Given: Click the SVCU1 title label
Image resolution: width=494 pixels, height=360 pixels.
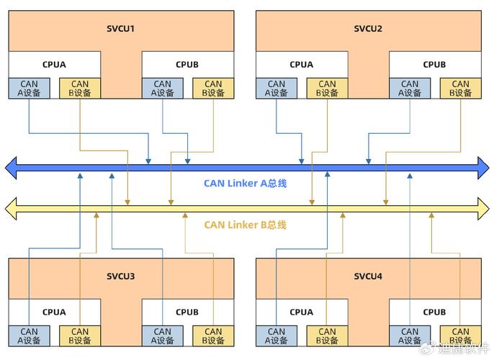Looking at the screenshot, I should (121, 29).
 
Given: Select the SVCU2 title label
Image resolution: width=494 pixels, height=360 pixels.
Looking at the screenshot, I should (368, 29).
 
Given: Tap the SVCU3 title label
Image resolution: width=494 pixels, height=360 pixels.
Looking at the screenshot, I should (121, 276).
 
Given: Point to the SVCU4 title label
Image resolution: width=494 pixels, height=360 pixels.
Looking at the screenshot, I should (368, 276).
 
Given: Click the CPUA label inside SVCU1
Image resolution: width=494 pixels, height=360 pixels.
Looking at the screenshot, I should (54, 64).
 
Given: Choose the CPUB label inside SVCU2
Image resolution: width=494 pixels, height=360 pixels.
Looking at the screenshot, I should (434, 64).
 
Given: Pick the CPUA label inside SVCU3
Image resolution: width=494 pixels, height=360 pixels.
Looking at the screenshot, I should (54, 312).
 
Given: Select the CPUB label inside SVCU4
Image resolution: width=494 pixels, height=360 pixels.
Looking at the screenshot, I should (434, 312).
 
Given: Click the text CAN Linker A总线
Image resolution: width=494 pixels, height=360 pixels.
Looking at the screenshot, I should (246, 183).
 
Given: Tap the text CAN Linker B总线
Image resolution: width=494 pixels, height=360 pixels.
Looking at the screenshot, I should (246, 225).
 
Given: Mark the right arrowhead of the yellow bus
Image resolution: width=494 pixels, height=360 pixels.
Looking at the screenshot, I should (482, 210).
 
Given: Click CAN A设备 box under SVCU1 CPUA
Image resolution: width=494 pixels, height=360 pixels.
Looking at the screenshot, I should (29, 88).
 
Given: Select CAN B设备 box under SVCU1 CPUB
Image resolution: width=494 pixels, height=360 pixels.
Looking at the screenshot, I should (213, 88).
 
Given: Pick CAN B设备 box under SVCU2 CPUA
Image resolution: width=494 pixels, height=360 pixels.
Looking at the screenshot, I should (327, 88).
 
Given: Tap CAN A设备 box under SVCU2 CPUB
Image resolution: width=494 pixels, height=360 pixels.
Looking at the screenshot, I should (410, 88).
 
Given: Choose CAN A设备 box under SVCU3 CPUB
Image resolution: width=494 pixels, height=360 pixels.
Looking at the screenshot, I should (163, 336).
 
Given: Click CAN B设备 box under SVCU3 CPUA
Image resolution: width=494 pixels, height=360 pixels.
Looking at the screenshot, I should (80, 336).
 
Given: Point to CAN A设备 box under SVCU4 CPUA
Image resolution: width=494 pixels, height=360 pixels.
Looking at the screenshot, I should (277, 336).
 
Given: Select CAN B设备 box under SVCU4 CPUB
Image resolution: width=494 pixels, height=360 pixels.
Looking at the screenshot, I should (460, 336).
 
